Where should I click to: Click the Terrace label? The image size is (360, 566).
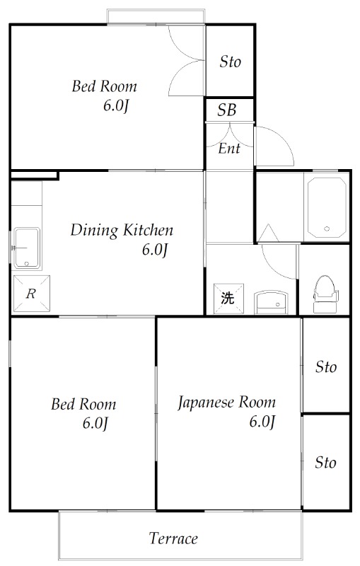[173, 538]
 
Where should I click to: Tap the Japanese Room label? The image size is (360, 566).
[226, 403]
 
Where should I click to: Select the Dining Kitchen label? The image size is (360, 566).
[122, 230]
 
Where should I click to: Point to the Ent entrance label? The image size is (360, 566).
[228, 149]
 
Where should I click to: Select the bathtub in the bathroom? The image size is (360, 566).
[326, 205]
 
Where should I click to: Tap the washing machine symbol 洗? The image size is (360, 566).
[226, 298]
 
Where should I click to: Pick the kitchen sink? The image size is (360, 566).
[27, 248]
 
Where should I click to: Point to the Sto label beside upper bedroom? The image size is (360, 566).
[230, 62]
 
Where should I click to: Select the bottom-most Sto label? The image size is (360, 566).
[325, 463]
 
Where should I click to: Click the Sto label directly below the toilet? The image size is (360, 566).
[325, 367]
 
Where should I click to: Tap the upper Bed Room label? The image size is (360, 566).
[104, 87]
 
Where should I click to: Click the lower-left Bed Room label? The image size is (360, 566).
[83, 405]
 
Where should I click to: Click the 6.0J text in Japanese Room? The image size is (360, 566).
[261, 422]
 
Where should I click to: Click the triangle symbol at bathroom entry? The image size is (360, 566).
[267, 232]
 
